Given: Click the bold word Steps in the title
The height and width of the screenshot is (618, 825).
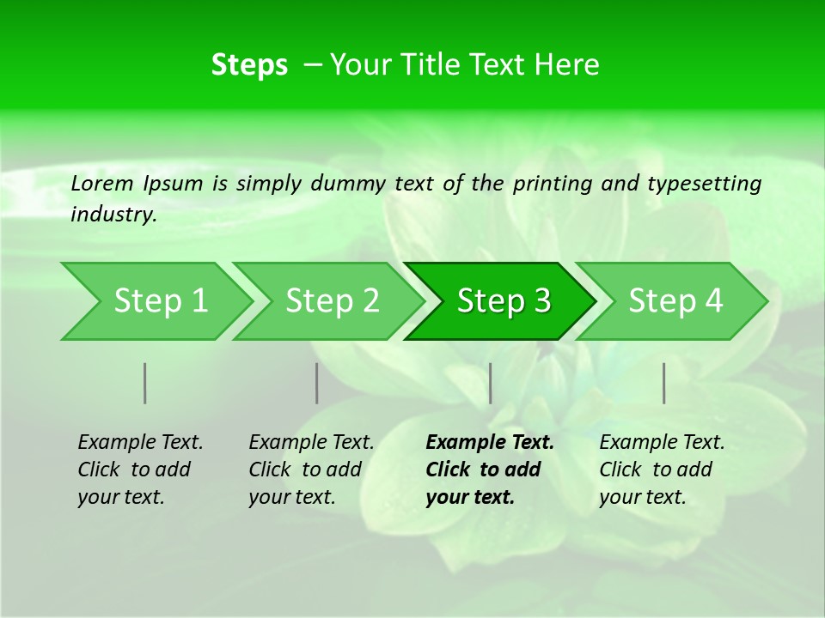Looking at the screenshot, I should [249, 65].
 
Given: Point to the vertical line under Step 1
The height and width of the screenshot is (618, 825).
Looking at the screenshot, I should [145, 383].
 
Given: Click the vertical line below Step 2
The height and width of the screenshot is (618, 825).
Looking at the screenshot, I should [317, 383].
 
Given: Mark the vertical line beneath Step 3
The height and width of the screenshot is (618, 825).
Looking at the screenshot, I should [490, 383].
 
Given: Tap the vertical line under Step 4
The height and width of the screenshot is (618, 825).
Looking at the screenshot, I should [664, 383].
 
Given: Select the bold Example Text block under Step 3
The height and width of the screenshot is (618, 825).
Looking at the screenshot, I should [489, 470].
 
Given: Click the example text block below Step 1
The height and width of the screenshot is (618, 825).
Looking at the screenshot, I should [140, 470].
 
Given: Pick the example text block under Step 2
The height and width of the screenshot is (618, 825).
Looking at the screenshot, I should [311, 470].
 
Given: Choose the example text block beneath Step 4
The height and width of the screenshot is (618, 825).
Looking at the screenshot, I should [662, 470].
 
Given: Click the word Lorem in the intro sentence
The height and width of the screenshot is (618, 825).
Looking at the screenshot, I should [102, 183].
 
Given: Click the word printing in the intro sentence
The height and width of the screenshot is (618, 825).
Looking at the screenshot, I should [547, 183].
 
